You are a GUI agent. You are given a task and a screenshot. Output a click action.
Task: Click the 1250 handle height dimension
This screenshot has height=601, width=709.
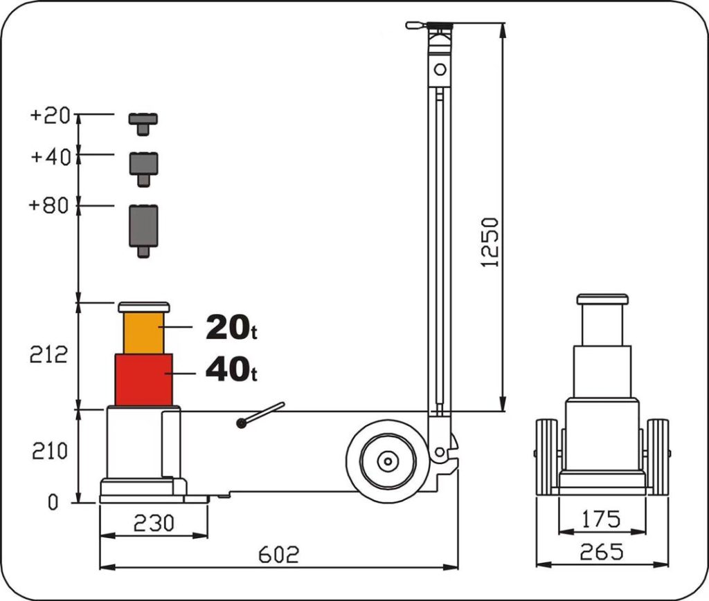490,243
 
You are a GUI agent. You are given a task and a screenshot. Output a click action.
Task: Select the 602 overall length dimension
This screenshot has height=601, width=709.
278,555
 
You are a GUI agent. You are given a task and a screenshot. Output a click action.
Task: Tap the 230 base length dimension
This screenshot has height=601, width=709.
154,524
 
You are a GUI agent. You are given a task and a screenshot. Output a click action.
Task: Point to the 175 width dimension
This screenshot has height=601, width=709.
600,519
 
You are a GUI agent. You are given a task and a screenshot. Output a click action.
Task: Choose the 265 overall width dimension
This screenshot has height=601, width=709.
602,552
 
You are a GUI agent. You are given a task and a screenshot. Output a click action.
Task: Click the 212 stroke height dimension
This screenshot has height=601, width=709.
48,355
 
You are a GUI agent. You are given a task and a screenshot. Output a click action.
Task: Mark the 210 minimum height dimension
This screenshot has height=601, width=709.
50,451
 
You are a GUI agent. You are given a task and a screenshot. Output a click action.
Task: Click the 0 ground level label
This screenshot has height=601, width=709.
53,502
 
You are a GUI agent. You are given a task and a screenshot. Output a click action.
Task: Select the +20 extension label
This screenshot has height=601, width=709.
51,115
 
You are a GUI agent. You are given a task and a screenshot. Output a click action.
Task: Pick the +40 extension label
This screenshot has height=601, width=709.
51,157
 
